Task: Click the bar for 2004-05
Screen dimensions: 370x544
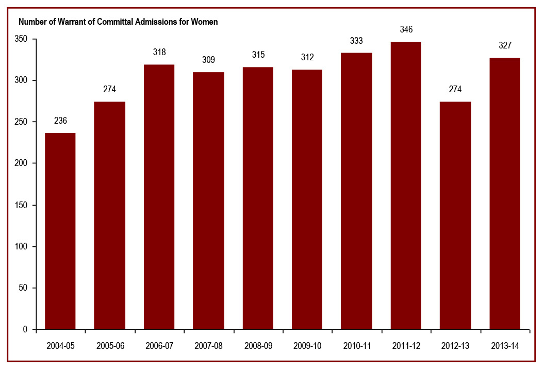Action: (x=60, y=231)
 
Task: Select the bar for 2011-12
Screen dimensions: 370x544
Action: (x=406, y=186)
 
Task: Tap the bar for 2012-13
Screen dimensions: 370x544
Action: (x=455, y=215)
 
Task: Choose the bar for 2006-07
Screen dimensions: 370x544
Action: (x=159, y=197)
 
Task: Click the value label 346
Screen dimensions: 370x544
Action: (x=406, y=29)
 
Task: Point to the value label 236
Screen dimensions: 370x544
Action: (x=60, y=121)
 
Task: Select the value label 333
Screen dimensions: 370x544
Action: (x=356, y=40)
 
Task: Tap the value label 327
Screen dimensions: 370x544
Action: (x=505, y=45)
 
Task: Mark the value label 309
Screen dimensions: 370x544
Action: (x=208, y=60)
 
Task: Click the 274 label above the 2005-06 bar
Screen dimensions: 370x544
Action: (x=110, y=89)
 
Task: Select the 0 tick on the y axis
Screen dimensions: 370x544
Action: (x=25, y=329)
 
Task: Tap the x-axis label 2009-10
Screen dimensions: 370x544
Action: (x=307, y=346)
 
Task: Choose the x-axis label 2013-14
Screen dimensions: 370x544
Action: (x=505, y=346)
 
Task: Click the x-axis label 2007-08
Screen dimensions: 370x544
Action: (x=208, y=346)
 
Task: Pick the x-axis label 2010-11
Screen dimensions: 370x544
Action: (x=356, y=346)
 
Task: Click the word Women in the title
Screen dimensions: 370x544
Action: (x=205, y=22)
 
